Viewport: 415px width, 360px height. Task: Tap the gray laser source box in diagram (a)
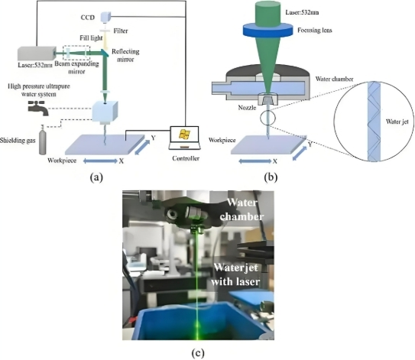pos(37,53)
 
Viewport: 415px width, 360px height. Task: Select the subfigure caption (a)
pos(96,175)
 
